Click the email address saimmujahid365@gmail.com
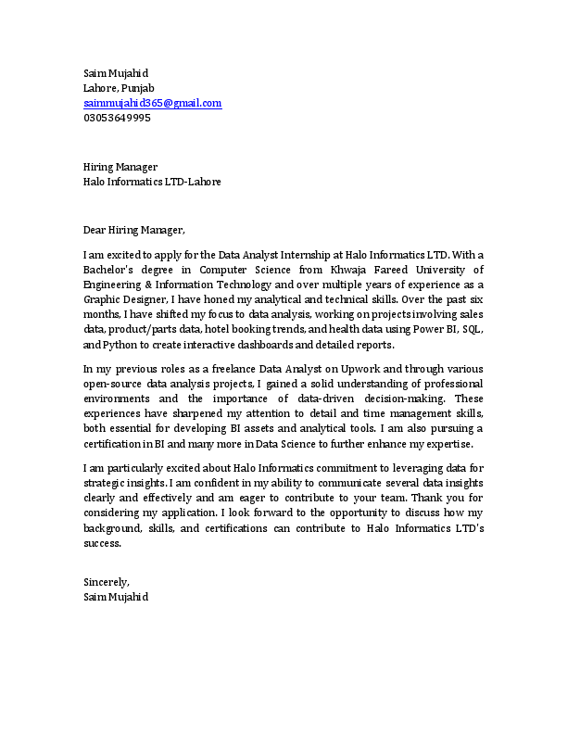(x=152, y=103)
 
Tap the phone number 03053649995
(x=117, y=118)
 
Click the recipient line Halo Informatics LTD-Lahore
(x=152, y=182)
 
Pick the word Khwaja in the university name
(x=355, y=269)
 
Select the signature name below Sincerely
(x=115, y=597)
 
